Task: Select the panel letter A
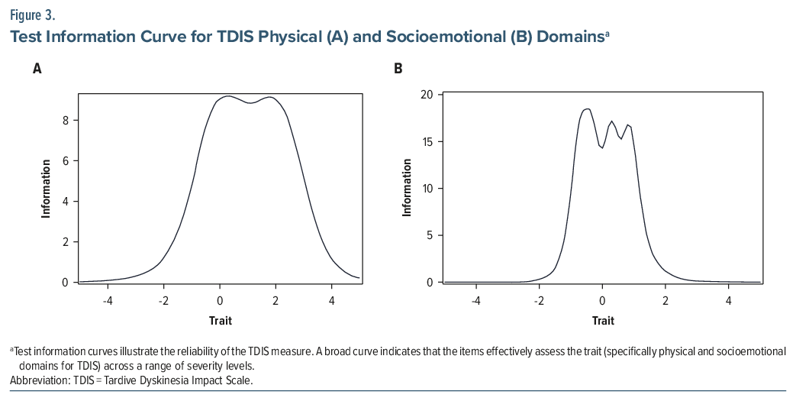pyautogui.click(x=37, y=69)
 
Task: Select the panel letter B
pyautogui.click(x=398, y=69)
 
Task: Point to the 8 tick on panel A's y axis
pyautogui.click(x=66, y=120)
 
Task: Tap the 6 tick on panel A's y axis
pyautogui.click(x=66, y=160)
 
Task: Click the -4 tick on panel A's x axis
pyautogui.click(x=108, y=301)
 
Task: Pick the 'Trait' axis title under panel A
pyautogui.click(x=220, y=320)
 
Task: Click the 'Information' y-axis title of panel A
pyautogui.click(x=47, y=188)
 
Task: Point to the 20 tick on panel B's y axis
pyautogui.click(x=427, y=94)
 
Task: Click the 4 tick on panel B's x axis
pyautogui.click(x=728, y=301)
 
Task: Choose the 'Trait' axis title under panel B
pyautogui.click(x=602, y=320)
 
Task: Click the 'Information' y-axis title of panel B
pyautogui.click(x=407, y=188)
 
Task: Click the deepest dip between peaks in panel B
pyautogui.click(x=602, y=148)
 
